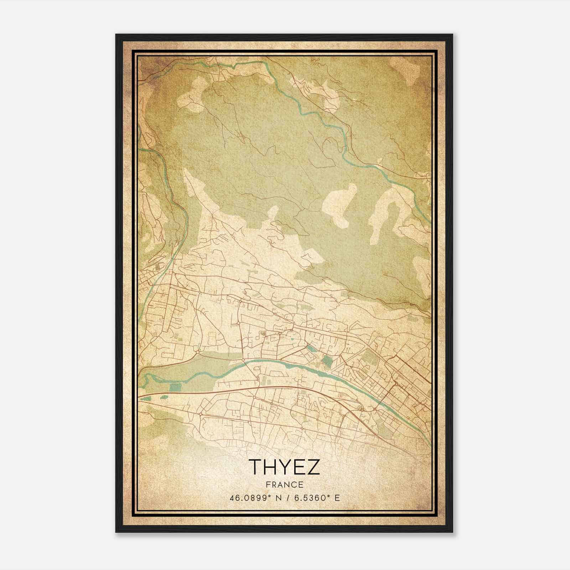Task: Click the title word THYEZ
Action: pyautogui.click(x=284, y=467)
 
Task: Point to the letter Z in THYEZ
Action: pyautogui.click(x=313, y=467)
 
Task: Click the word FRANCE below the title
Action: pyautogui.click(x=284, y=484)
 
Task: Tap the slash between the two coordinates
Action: pyautogui.click(x=289, y=498)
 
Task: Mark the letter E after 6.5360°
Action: pyautogui.click(x=337, y=498)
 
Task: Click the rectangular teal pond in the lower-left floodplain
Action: pyautogui.click(x=175, y=388)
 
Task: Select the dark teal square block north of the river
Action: pyautogui.click(x=326, y=361)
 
